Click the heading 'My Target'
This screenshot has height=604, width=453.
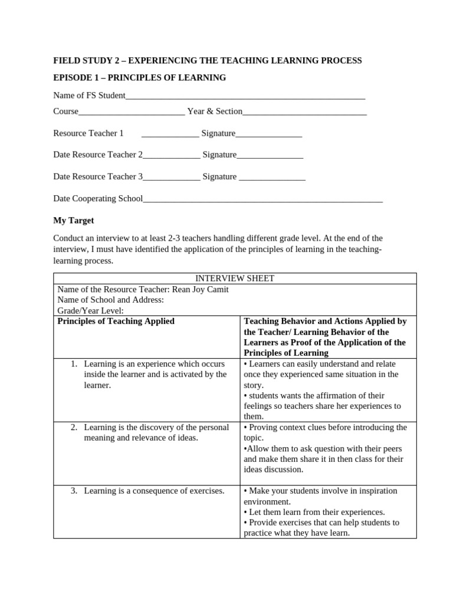point(73,221)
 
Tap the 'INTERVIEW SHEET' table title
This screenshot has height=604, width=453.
point(235,278)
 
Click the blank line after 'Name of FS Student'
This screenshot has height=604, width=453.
point(245,96)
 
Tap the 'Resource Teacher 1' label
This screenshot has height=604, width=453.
point(88,133)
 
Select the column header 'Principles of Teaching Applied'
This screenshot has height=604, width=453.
point(116,321)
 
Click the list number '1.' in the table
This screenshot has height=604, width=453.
point(75,364)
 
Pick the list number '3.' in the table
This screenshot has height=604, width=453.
point(75,491)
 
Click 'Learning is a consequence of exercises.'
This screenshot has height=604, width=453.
point(154,491)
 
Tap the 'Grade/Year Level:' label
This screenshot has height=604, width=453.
point(90,310)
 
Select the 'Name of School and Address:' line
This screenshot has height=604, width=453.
point(110,300)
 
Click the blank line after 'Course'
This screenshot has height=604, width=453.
point(132,111)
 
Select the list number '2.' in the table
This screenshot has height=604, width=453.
point(75,427)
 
